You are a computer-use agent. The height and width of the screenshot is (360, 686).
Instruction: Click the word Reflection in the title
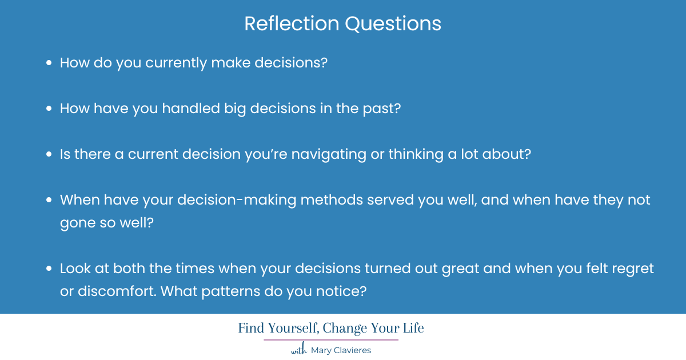tap(290, 23)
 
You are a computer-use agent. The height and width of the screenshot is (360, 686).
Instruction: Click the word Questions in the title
tap(392, 23)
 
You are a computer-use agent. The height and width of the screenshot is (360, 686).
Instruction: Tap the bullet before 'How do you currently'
tap(49, 63)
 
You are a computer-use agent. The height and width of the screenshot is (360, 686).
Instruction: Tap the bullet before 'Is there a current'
tap(49, 155)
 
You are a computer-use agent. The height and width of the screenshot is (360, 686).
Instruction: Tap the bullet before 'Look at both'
tap(49, 269)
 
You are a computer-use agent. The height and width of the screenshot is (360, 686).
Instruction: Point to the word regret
tap(631, 269)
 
